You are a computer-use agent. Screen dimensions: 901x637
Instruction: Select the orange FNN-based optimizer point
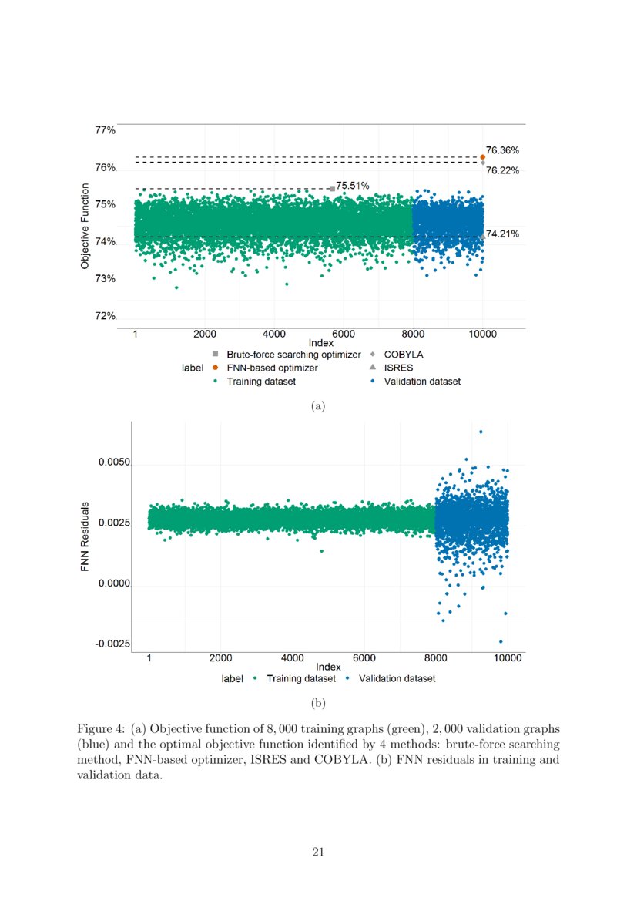click(482, 157)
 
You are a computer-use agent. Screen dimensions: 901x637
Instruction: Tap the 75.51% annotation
click(353, 186)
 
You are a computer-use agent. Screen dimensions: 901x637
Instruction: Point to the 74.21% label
click(502, 233)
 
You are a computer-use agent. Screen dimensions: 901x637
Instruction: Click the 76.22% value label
click(502, 170)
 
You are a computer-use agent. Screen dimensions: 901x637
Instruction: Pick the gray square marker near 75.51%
click(332, 188)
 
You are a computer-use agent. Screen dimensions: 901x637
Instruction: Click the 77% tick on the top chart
click(106, 130)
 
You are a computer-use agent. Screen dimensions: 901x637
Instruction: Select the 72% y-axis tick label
click(106, 316)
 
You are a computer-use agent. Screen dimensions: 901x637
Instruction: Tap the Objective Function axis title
click(85, 225)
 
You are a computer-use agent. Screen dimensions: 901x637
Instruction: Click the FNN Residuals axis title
click(85, 537)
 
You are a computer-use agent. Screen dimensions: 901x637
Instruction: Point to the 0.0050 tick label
click(114, 465)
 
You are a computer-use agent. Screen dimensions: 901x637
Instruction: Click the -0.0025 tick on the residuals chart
click(112, 644)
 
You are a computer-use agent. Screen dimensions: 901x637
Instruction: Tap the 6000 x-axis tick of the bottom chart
click(364, 658)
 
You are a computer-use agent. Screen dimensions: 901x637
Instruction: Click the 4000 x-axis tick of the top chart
click(274, 335)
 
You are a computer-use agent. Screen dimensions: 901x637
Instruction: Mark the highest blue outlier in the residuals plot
click(481, 432)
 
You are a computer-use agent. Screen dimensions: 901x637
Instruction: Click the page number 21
click(318, 852)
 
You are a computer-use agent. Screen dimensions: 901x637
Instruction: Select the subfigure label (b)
click(318, 703)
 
